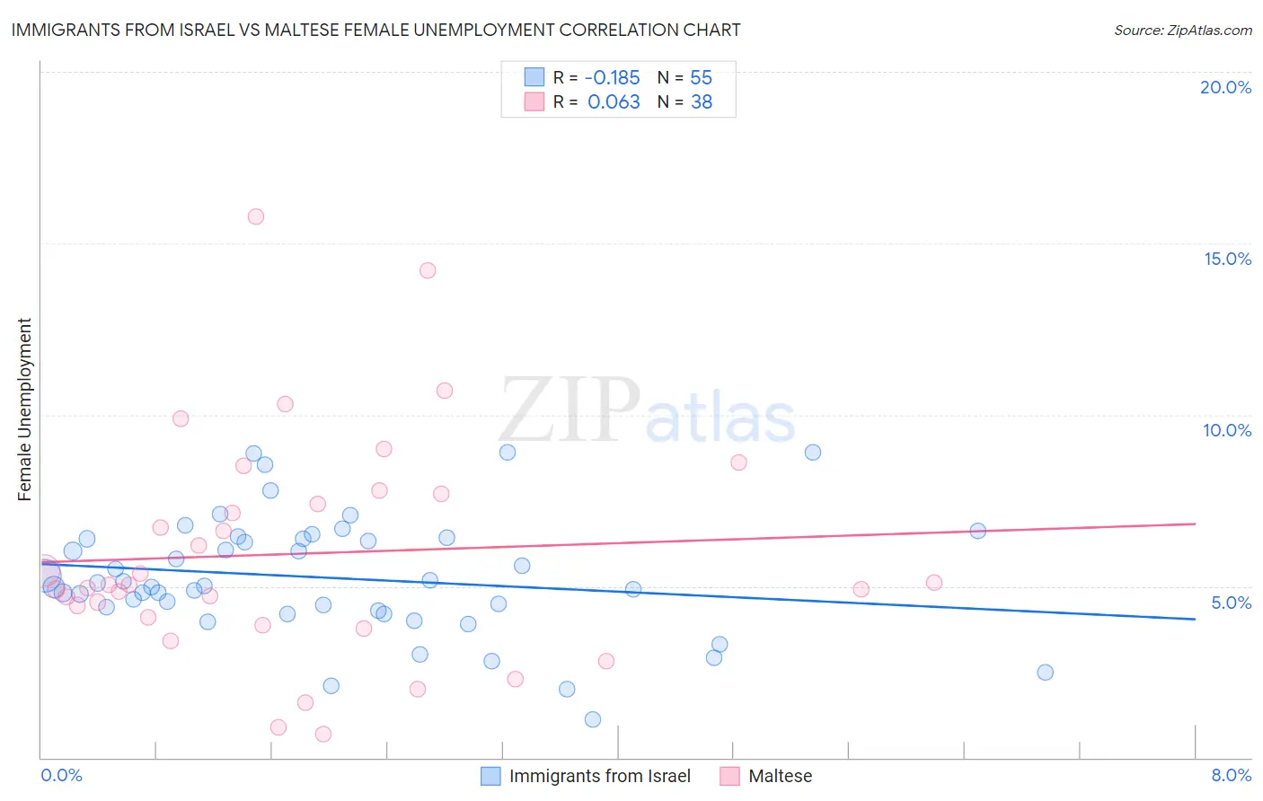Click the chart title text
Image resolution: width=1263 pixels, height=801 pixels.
coord(375,30)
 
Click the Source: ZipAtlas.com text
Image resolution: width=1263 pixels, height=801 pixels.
coord(1182,30)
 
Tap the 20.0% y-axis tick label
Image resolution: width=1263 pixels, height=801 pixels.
coord(1225,87)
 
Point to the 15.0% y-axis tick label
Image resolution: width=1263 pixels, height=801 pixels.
coord(1227,259)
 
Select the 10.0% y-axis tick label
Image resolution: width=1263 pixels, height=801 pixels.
coord(1227,430)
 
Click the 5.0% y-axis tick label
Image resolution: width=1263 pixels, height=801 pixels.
coord(1231,603)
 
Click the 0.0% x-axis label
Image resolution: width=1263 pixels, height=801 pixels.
coord(61,775)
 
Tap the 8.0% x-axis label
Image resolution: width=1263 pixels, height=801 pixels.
coord(1231,775)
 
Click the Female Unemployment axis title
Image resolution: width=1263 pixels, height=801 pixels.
coord(24,409)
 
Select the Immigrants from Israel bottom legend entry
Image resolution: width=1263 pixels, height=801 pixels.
coord(599,776)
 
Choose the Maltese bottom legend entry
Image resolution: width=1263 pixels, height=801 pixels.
coord(780,776)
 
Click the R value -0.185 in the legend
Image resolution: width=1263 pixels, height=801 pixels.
coord(612,77)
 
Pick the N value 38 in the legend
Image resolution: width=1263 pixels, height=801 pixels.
coord(701,102)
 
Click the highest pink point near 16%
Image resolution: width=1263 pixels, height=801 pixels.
coord(256,216)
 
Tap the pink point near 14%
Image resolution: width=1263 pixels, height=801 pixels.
coord(428,270)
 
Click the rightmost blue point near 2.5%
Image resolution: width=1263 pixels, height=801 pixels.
coord(1045,673)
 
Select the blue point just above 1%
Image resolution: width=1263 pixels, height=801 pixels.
coord(593,719)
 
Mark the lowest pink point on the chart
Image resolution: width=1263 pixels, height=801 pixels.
coord(323,734)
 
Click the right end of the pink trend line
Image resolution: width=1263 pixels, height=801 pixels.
coord(1194,524)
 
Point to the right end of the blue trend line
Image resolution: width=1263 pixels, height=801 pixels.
coord(1194,619)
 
